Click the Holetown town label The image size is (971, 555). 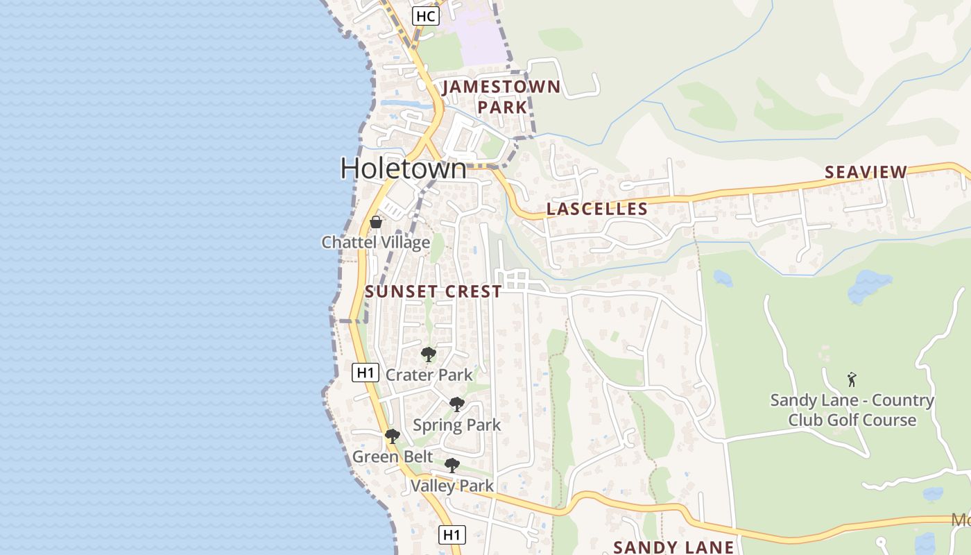pyautogui.click(x=404, y=169)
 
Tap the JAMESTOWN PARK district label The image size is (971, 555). pyautogui.click(x=501, y=97)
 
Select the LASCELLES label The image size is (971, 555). pyautogui.click(x=597, y=209)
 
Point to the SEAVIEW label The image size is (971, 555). pyautogui.click(x=866, y=172)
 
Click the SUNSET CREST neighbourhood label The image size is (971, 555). pyautogui.click(x=433, y=291)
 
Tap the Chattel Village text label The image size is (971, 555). pyautogui.click(x=375, y=242)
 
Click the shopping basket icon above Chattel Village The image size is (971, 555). pyautogui.click(x=376, y=222)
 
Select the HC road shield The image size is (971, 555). pyautogui.click(x=425, y=15)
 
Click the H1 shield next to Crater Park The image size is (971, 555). pyautogui.click(x=365, y=373)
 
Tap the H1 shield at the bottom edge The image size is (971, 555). pyautogui.click(x=452, y=534)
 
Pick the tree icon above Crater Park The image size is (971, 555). pyautogui.click(x=429, y=355)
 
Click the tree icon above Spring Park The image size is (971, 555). pyautogui.click(x=456, y=404)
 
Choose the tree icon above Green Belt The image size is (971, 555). pyautogui.click(x=392, y=436)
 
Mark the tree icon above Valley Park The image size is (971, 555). pyautogui.click(x=452, y=465)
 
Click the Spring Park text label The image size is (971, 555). pyautogui.click(x=456, y=425)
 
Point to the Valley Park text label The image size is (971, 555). pyautogui.click(x=452, y=486)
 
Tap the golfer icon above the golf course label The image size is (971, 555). pyautogui.click(x=852, y=379)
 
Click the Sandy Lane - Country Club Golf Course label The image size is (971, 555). pyautogui.click(x=852, y=410)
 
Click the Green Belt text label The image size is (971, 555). pyautogui.click(x=393, y=456)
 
